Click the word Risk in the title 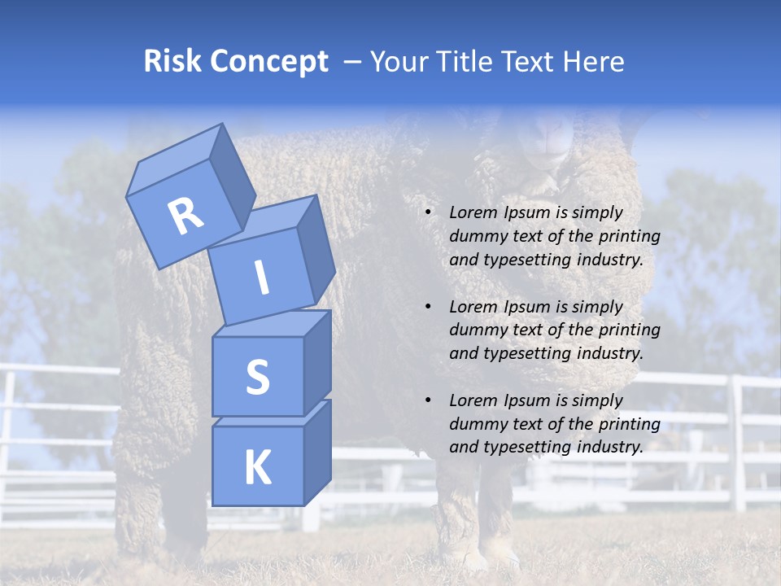point(172,62)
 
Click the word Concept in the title point(269,62)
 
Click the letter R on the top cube point(186,216)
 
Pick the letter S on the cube point(257,377)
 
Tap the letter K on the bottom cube point(257,468)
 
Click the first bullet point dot point(427,213)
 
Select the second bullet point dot point(427,308)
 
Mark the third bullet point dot point(427,401)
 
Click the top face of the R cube point(175,157)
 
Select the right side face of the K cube point(317,452)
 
